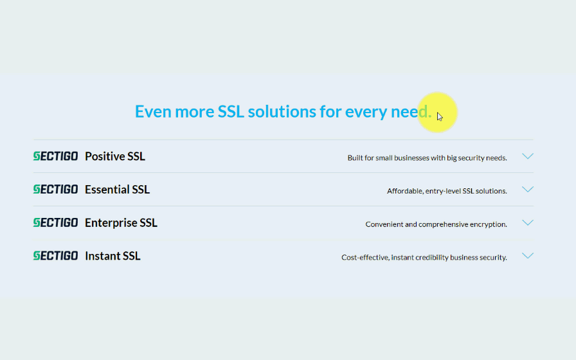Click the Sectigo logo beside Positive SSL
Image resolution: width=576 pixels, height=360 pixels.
55,156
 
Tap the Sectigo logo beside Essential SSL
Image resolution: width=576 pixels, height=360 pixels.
55,189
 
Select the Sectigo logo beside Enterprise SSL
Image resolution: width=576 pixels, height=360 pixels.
55,222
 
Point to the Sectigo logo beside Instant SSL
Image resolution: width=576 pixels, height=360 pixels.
55,256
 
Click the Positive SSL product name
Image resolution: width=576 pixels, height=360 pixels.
115,156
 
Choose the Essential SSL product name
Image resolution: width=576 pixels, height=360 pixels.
117,190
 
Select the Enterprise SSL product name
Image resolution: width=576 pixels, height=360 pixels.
121,223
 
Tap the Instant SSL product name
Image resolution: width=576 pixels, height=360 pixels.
113,256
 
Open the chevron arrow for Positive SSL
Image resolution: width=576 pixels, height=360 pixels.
528,156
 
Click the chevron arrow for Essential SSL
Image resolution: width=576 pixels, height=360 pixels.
528,189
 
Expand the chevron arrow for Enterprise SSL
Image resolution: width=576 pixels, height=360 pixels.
528,222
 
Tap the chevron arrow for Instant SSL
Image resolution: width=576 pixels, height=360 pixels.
528,256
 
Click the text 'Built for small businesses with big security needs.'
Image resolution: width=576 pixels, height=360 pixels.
428,158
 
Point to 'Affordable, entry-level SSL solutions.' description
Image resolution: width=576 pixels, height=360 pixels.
447,191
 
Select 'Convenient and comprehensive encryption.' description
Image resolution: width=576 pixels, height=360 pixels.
437,224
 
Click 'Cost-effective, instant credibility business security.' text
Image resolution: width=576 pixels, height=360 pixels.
424,258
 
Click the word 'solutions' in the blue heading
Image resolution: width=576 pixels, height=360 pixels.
282,111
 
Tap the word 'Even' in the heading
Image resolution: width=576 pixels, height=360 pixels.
153,111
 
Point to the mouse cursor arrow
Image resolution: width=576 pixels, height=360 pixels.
440,117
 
